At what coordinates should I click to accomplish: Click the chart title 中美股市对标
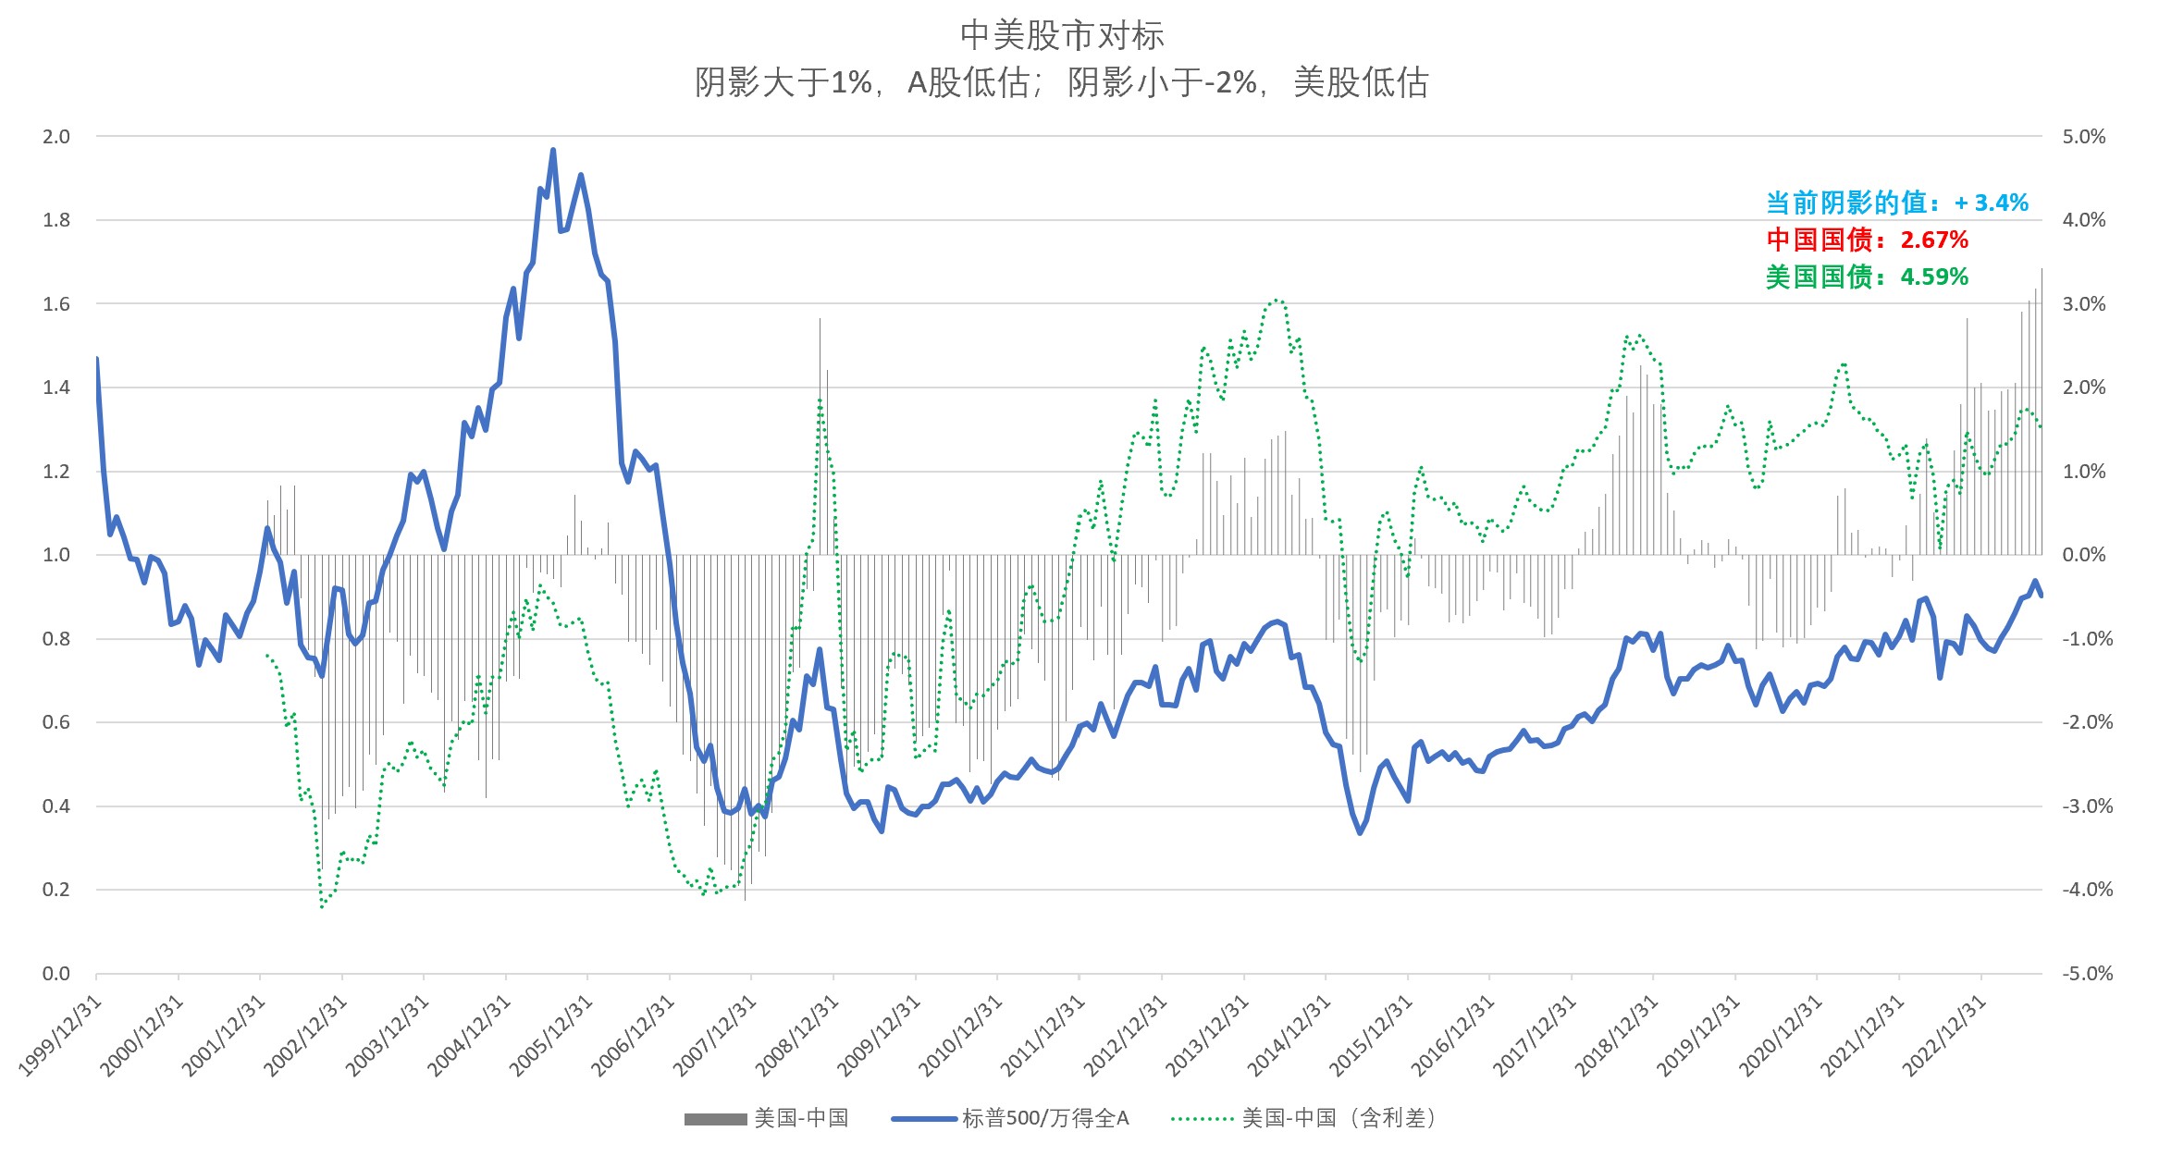(1062, 36)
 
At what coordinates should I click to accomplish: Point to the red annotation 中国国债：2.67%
(1867, 240)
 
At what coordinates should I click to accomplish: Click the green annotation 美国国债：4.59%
(1867, 277)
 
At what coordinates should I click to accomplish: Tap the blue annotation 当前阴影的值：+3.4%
(1896, 203)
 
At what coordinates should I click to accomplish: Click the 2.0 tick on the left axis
(56, 137)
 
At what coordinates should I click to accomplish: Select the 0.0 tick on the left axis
(56, 973)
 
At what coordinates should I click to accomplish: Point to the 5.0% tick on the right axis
(2083, 137)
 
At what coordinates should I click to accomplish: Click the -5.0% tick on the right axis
(2086, 973)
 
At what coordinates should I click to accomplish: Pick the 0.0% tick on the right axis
(2083, 555)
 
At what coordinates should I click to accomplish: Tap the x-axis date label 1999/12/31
(61, 1036)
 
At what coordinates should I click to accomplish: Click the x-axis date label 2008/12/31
(797, 1036)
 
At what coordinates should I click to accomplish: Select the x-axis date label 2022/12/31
(1944, 1036)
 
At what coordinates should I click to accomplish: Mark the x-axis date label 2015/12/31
(1372, 1036)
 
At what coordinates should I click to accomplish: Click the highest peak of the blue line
(553, 150)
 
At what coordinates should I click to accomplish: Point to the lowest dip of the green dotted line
(322, 906)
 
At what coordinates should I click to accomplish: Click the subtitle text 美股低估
(1361, 83)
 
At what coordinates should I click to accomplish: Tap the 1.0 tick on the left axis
(56, 555)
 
